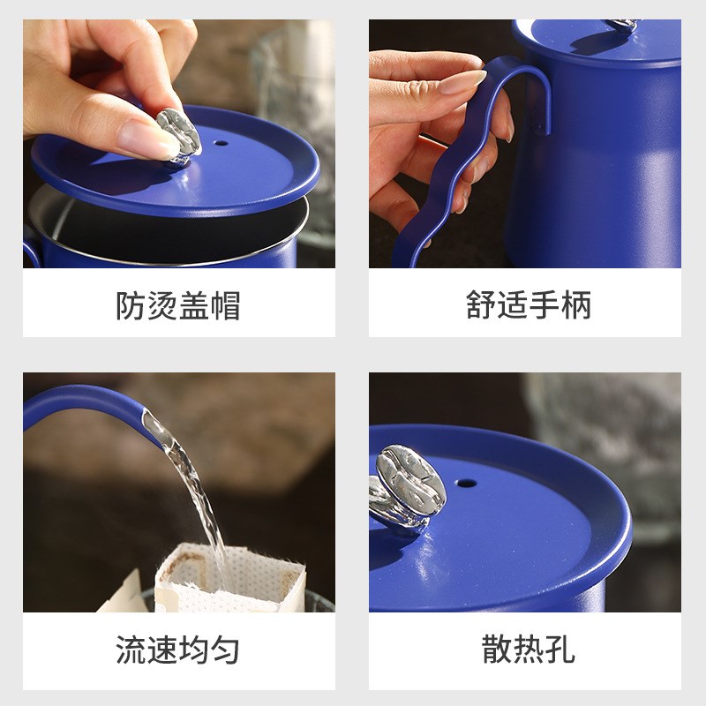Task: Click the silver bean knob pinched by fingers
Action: tap(180, 134)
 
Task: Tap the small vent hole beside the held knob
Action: tap(219, 143)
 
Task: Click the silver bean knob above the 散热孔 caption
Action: tap(405, 487)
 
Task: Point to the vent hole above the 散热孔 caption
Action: tap(465, 483)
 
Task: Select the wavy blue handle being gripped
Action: tap(477, 150)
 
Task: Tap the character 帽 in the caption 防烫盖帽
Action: tap(225, 305)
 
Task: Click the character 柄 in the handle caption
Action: tap(575, 305)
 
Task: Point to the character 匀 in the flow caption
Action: tap(225, 650)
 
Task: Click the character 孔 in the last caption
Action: tap(560, 650)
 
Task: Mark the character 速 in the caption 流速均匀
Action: tap(162, 650)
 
